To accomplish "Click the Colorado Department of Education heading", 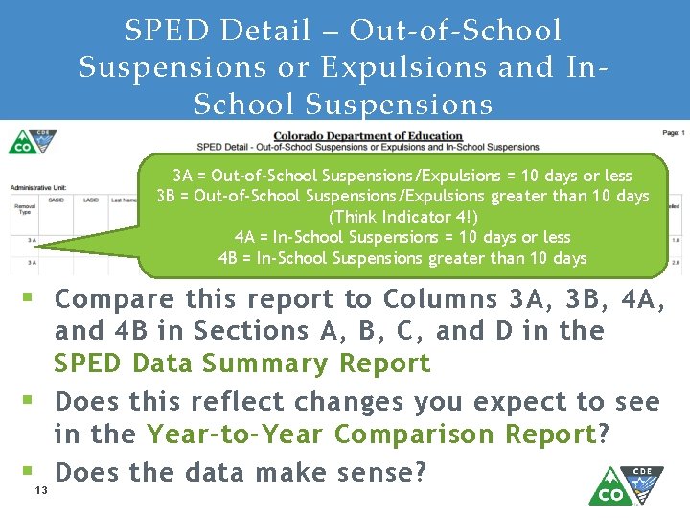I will (x=368, y=136).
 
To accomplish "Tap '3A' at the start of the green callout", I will (x=182, y=177).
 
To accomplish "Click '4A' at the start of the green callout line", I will (x=244, y=237).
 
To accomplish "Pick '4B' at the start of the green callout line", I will (x=228, y=258).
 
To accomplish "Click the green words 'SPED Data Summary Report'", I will (x=242, y=364).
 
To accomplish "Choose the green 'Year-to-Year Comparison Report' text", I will (x=372, y=435).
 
